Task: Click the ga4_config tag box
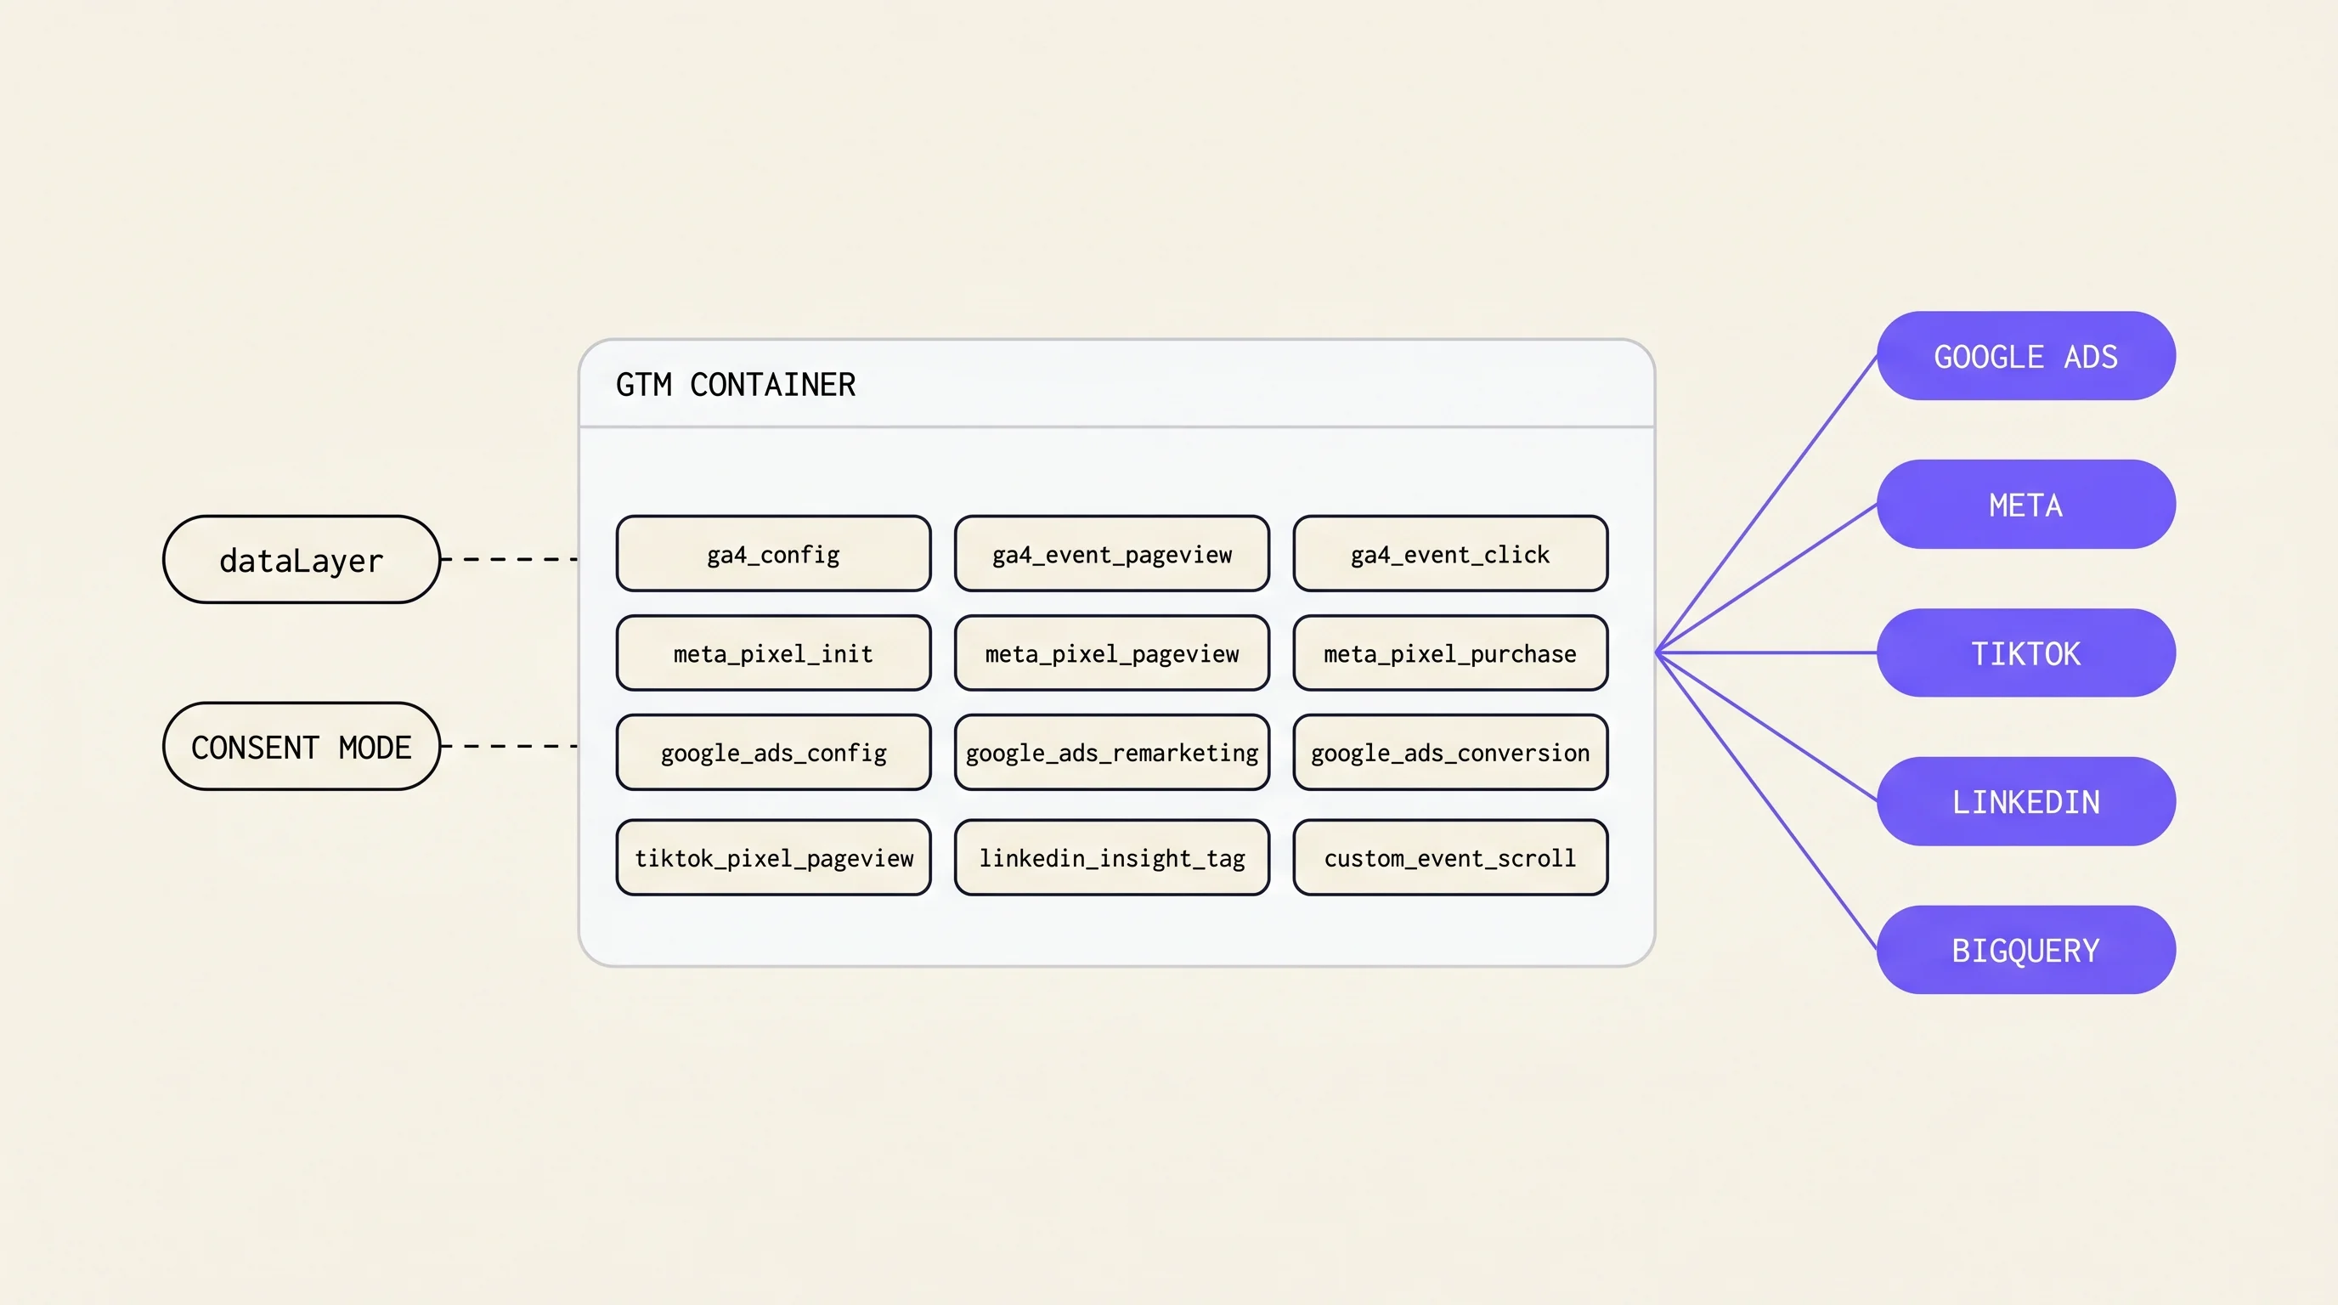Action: [x=773, y=554]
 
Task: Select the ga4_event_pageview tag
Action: [x=1112, y=554]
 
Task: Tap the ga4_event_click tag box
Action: [x=1450, y=554]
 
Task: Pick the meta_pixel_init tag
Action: [x=773, y=653]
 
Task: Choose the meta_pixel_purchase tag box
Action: [x=1450, y=653]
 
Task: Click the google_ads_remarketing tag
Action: [x=1112, y=752]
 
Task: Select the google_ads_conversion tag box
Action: [x=1450, y=752]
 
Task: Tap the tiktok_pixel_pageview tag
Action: [x=773, y=857]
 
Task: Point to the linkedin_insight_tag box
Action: [x=1112, y=857]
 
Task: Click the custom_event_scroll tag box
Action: [x=1450, y=857]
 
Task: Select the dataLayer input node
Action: [x=302, y=559]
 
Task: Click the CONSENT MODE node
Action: [x=302, y=746]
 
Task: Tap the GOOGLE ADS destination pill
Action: [x=2025, y=356]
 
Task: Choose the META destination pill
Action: [x=2025, y=505]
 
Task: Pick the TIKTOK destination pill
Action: [x=2025, y=652]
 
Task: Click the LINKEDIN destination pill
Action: [x=2025, y=801]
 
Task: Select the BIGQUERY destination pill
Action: [x=2025, y=950]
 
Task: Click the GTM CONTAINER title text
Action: [x=735, y=385]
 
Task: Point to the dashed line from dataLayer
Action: [x=510, y=559]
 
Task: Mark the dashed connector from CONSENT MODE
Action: [x=510, y=746]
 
